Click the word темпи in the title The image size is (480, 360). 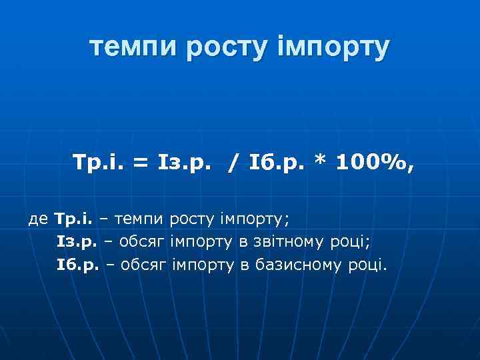(x=129, y=47)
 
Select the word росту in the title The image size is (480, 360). (x=219, y=47)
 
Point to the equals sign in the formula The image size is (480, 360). (x=140, y=163)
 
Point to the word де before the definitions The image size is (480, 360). (x=39, y=218)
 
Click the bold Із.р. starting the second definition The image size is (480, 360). (x=77, y=241)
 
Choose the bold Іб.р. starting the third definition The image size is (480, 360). (x=77, y=265)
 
